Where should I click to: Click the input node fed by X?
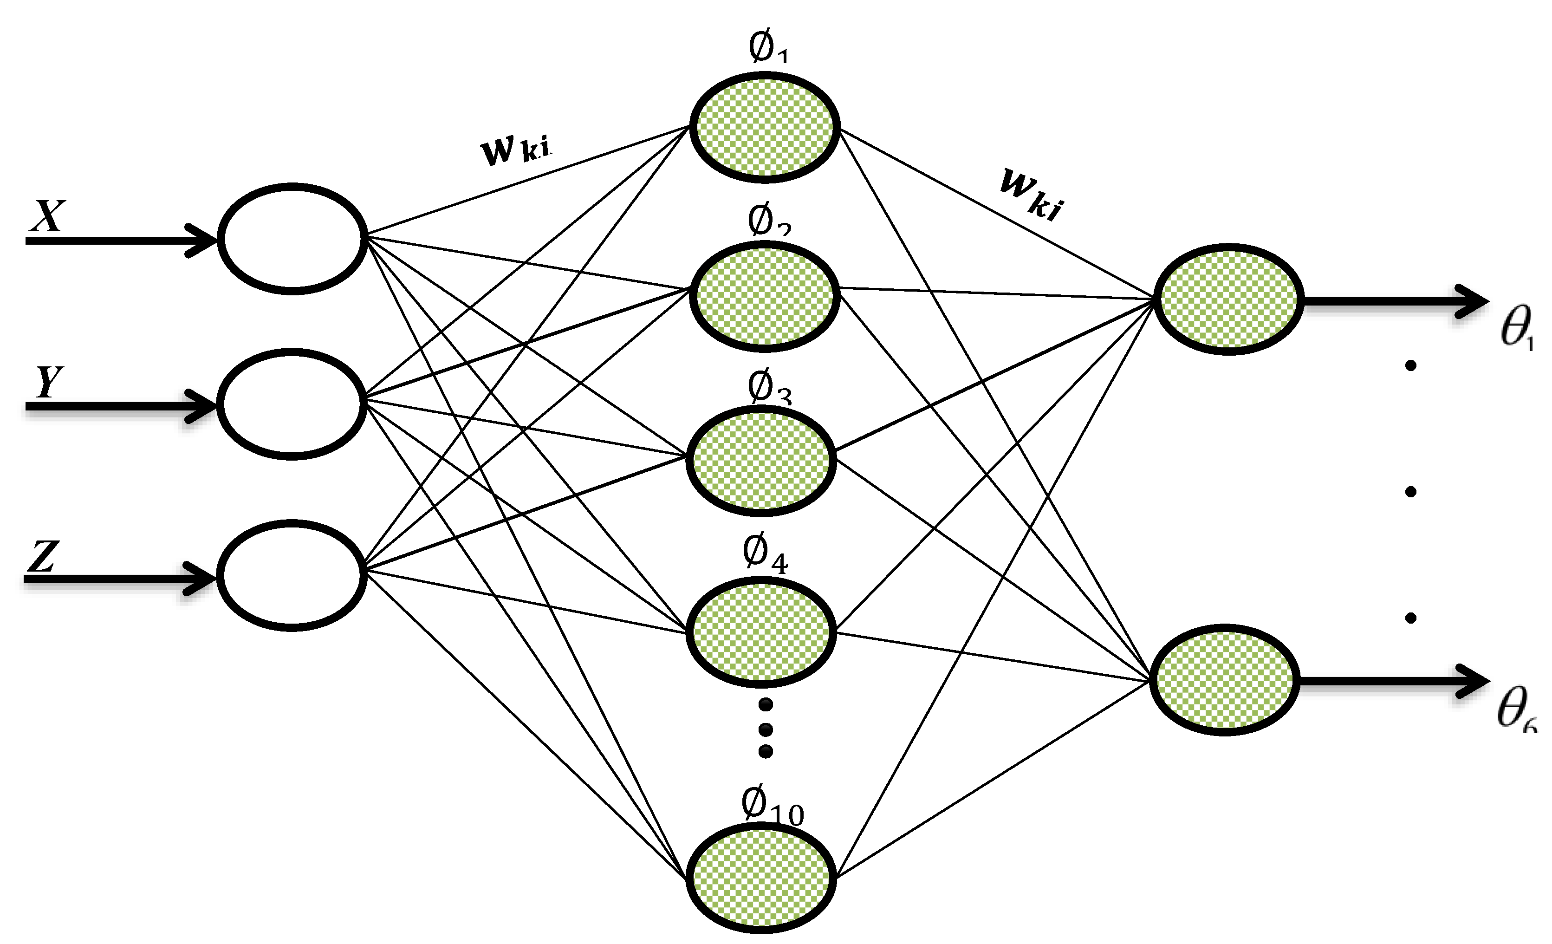coord(292,239)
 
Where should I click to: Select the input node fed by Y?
coord(291,404)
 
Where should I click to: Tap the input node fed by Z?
coord(292,575)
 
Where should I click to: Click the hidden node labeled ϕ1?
coord(764,127)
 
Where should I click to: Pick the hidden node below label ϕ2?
coord(764,295)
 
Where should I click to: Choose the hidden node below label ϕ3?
coord(761,458)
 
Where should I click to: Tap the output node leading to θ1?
coord(1228,299)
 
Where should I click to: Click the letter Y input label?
coord(48,381)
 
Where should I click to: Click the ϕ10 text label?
coord(772,807)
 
